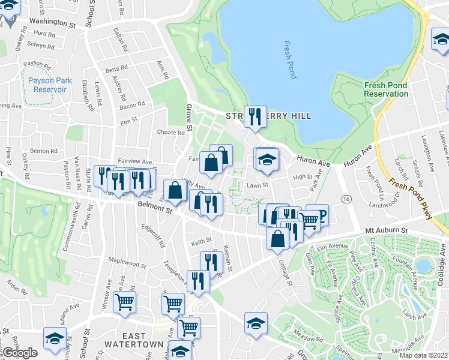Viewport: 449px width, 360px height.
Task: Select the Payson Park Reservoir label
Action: click(46, 85)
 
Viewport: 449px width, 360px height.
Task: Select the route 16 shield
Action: click(346, 199)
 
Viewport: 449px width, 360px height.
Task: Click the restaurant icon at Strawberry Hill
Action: click(255, 116)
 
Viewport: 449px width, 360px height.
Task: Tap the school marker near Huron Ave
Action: click(267, 159)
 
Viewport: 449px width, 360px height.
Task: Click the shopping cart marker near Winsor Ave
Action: click(124, 301)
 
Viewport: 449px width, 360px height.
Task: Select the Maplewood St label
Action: click(127, 263)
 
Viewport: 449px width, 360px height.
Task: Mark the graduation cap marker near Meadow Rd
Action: click(256, 322)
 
